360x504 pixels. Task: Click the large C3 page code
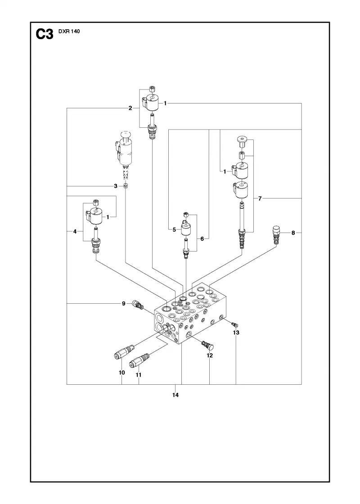pyautogui.click(x=45, y=34)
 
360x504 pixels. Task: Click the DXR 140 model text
pyautogui.click(x=69, y=31)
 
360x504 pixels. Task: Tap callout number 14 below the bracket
pyautogui.click(x=175, y=395)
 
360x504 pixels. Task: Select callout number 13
pyautogui.click(x=236, y=333)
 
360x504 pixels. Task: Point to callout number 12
pyautogui.click(x=210, y=355)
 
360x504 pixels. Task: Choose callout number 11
pyautogui.click(x=139, y=375)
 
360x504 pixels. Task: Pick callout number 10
pyautogui.click(x=122, y=373)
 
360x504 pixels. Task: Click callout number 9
pyautogui.click(x=123, y=303)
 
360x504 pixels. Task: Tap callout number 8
pyautogui.click(x=293, y=233)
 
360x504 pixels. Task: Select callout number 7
pyautogui.click(x=260, y=198)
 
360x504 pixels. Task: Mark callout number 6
pyautogui.click(x=202, y=239)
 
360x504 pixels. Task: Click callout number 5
pyautogui.click(x=174, y=229)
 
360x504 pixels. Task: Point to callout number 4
pyautogui.click(x=75, y=231)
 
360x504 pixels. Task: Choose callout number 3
pyautogui.click(x=116, y=186)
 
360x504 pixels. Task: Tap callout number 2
pyautogui.click(x=130, y=108)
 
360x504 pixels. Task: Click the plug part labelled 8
pyautogui.click(x=276, y=234)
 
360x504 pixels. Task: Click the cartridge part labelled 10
pyautogui.click(x=124, y=351)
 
